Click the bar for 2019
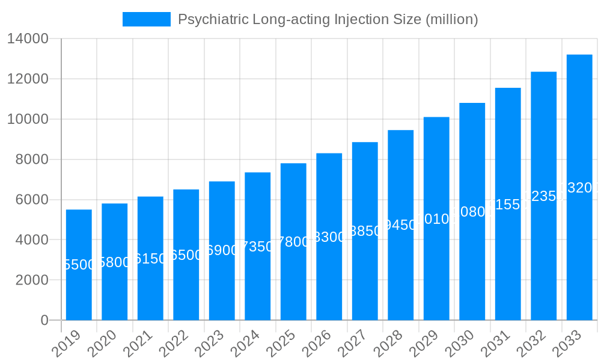(79, 265)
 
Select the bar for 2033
(579, 187)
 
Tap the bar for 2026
(329, 236)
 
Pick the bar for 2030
(472, 211)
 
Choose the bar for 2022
(186, 255)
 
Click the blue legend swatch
(146, 19)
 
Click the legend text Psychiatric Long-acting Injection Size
(328, 19)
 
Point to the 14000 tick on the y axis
(28, 39)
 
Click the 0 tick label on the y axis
(44, 321)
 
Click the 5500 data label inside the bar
(79, 265)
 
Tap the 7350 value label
(257, 247)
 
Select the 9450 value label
(400, 226)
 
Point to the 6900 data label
(222, 251)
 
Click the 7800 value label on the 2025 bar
(293, 242)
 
